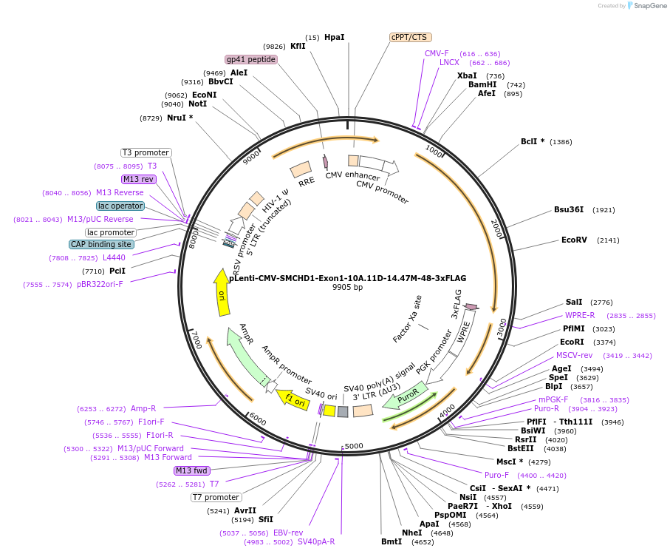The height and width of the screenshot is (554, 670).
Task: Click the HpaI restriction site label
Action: [x=334, y=37]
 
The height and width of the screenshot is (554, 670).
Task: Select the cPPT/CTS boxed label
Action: [x=411, y=37]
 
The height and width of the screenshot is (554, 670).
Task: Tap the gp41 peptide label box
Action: [x=251, y=59]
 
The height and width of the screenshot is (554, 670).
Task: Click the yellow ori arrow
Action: [x=221, y=292]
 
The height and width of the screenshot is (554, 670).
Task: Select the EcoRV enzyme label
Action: [x=574, y=240]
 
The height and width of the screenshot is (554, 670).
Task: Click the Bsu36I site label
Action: [x=569, y=209]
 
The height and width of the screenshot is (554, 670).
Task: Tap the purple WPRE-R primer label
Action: [x=580, y=315]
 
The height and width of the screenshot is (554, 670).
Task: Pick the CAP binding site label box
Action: [x=102, y=244]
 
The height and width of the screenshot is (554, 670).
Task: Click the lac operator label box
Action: [x=120, y=206]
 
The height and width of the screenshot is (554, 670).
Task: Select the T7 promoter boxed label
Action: [x=216, y=497]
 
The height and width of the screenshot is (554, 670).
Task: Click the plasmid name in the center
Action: [x=347, y=278]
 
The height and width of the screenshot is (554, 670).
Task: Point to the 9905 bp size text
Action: [x=347, y=287]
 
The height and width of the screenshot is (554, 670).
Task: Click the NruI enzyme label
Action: [x=180, y=118]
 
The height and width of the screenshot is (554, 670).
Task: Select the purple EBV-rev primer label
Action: [x=288, y=533]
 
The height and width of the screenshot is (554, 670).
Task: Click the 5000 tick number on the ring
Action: [x=354, y=446]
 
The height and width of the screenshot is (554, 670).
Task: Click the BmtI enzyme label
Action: [x=392, y=541]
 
